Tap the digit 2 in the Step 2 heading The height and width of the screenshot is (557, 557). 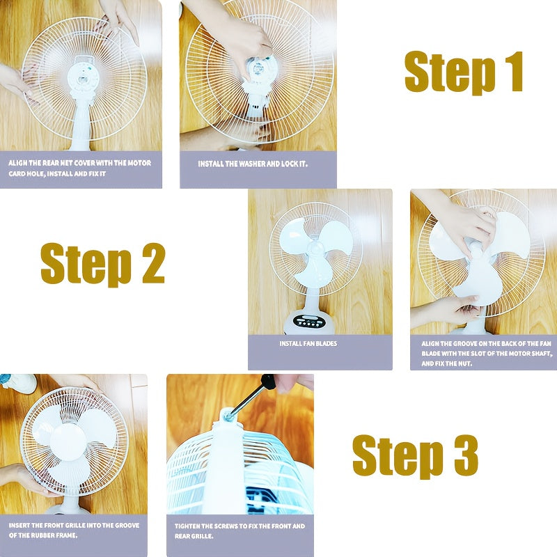153,263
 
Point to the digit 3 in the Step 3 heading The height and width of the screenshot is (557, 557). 466,455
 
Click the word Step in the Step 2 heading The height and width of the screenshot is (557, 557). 86,264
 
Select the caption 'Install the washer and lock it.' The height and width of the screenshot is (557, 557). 253,164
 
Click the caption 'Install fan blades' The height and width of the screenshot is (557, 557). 308,343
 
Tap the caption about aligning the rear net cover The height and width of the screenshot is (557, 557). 79,168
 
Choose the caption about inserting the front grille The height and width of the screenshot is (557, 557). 74,530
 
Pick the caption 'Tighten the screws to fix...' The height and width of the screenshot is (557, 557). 240,531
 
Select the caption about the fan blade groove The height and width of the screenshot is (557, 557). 487,354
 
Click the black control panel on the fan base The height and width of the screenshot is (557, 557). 309,322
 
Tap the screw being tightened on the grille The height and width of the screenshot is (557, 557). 228,414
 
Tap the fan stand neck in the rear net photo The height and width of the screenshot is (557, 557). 81,120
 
